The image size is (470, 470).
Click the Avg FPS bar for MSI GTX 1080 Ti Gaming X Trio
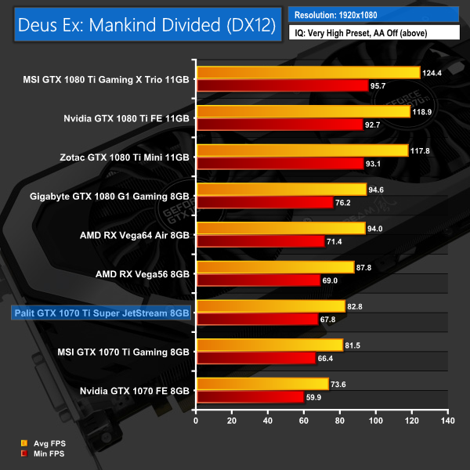tap(308, 73)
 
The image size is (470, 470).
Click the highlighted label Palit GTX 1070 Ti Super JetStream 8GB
tap(101, 313)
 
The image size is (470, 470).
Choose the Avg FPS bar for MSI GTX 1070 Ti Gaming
tap(269, 345)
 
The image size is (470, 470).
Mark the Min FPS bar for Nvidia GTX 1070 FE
tap(250, 396)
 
